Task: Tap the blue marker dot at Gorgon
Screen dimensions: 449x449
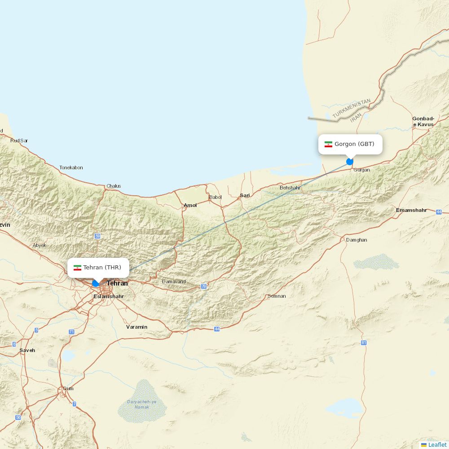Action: (x=350, y=162)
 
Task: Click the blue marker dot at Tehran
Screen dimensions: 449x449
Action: (x=95, y=283)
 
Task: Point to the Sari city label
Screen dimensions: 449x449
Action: (x=245, y=195)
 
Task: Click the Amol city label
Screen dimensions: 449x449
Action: (x=190, y=205)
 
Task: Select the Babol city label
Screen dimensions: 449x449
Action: (x=216, y=197)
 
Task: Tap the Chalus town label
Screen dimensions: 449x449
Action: (x=114, y=186)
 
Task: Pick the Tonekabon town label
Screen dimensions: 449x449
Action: (x=71, y=167)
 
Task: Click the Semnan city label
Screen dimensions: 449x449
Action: (x=277, y=296)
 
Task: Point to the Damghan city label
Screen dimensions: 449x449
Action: (x=357, y=240)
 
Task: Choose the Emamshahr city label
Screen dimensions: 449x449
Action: (x=411, y=210)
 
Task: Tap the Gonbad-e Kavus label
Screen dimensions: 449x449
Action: (x=423, y=122)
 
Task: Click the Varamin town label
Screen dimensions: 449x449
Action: (x=136, y=327)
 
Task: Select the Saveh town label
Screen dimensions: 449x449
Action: (x=27, y=350)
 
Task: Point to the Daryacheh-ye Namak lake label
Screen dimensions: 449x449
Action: (x=141, y=404)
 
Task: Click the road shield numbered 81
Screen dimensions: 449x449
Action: (x=364, y=343)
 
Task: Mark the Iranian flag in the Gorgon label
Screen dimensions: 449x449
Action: (x=329, y=144)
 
